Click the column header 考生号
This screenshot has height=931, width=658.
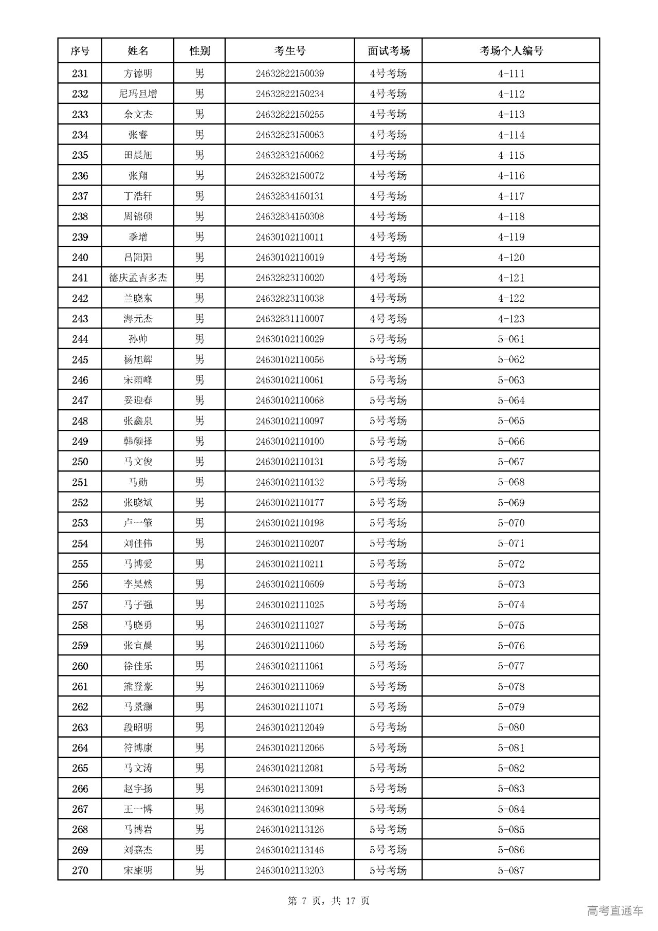(x=289, y=51)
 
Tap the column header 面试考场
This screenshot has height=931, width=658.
(x=388, y=51)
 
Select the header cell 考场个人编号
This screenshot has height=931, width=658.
(x=511, y=51)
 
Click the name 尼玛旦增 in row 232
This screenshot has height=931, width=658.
(x=138, y=94)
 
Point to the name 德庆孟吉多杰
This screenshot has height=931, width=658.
(x=138, y=278)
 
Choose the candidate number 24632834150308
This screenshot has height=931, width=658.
(x=289, y=216)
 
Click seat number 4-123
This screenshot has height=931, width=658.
(x=511, y=319)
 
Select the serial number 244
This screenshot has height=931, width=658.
(x=80, y=339)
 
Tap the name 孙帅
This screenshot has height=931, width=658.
(x=138, y=339)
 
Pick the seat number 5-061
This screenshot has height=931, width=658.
(x=511, y=339)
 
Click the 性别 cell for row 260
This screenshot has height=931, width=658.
(x=199, y=666)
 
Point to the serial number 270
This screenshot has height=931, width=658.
(x=80, y=870)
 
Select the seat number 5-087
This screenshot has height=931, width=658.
(x=511, y=870)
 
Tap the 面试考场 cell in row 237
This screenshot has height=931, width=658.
(x=388, y=196)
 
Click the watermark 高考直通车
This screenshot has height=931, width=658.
(x=615, y=911)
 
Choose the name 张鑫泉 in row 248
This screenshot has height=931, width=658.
(x=138, y=421)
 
